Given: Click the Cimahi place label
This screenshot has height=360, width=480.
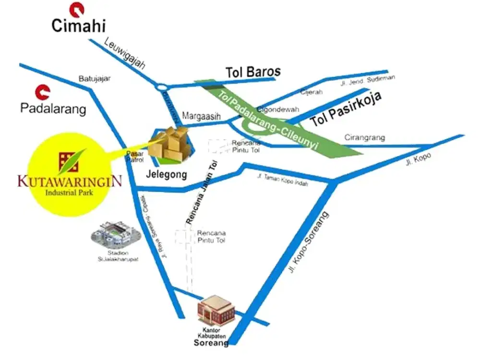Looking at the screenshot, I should pyautogui.click(x=78, y=25).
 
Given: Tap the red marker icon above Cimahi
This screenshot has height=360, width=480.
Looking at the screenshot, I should pyautogui.click(x=75, y=8).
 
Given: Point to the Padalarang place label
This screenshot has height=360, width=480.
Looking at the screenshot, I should pyautogui.click(x=53, y=108).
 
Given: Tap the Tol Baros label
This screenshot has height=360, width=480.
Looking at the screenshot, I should pyautogui.click(x=253, y=72).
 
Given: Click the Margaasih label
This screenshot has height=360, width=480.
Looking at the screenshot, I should pyautogui.click(x=200, y=116).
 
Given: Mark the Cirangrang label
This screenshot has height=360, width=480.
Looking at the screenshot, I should pyautogui.click(x=365, y=138).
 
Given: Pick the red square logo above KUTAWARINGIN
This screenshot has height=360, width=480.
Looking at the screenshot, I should pyautogui.click(x=67, y=162).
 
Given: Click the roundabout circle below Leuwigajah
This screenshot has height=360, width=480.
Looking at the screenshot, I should pyautogui.click(x=161, y=87).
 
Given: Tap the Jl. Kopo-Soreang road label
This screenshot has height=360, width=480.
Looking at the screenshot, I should pyautogui.click(x=309, y=243).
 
